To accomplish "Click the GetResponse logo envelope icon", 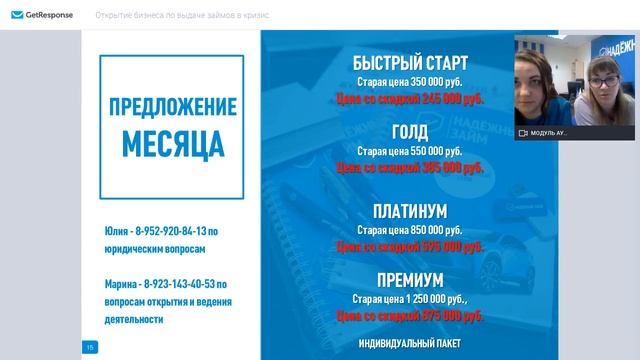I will (16, 16).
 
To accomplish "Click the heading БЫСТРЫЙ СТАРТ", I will (411, 63).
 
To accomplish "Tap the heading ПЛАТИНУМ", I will (411, 211).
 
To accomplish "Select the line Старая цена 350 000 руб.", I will (411, 82).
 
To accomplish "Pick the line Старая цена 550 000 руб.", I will (411, 150).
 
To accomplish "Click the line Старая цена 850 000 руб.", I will (411, 229).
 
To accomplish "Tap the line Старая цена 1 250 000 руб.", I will (411, 298).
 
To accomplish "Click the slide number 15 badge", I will (90, 346).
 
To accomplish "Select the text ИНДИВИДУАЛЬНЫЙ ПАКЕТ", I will (411, 343).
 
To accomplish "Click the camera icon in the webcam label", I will (523, 132).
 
